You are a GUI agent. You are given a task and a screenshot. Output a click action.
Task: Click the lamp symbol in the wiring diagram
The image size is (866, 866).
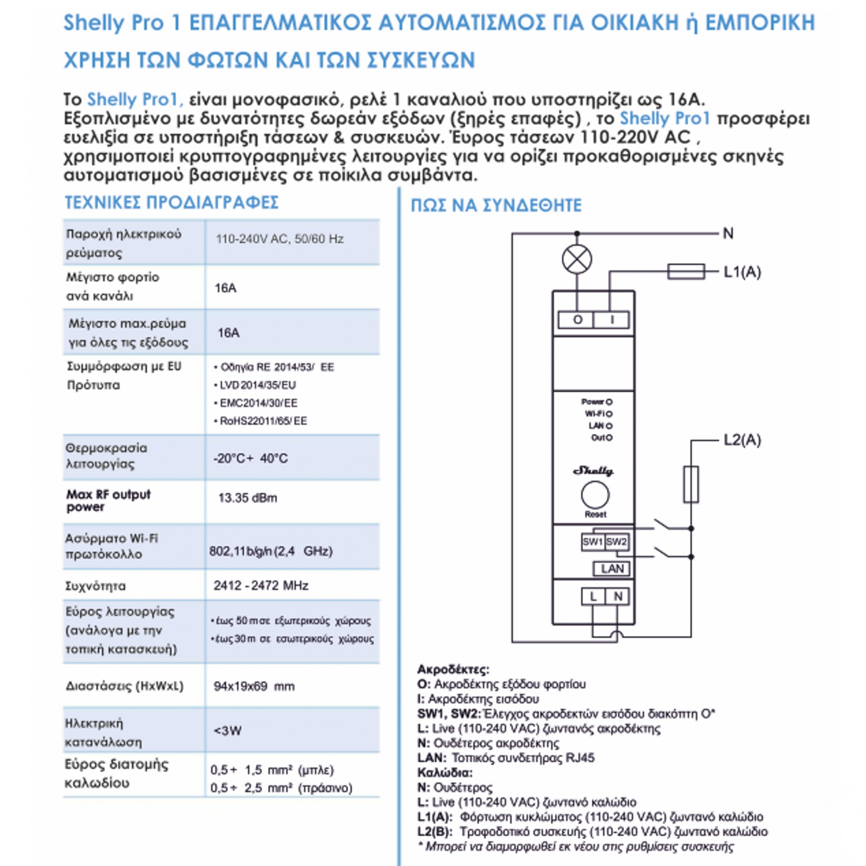577,259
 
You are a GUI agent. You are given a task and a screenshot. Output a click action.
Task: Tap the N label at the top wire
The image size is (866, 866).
728,234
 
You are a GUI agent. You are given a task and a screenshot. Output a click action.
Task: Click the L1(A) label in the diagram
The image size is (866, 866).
742,272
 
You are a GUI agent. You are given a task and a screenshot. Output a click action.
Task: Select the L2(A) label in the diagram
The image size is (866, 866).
742,440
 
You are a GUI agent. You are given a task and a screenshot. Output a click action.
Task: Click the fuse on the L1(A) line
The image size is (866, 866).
686,272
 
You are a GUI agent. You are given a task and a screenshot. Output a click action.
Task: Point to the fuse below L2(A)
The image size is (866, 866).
691,484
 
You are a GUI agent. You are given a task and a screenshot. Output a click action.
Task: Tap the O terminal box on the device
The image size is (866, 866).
577,320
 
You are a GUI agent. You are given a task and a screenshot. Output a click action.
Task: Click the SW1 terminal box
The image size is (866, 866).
593,542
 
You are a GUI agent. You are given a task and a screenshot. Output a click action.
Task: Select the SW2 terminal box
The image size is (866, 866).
616,542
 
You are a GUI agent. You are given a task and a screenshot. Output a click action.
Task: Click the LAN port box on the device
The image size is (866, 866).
612,569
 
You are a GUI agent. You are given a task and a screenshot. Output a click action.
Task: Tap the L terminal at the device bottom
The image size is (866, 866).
593,597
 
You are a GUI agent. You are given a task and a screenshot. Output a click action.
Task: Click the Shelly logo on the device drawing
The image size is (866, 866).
594,471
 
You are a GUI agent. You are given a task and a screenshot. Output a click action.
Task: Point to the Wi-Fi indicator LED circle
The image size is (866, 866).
609,414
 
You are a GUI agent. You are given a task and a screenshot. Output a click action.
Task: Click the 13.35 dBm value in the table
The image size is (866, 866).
248,498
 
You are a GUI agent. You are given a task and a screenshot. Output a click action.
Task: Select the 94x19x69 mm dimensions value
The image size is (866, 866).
254,686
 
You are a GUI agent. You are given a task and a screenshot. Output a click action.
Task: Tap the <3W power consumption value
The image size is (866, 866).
228,730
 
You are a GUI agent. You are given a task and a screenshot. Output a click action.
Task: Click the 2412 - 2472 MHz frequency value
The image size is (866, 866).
261,585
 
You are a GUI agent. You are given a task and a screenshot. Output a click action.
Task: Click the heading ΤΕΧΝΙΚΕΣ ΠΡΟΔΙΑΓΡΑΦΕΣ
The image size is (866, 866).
172,203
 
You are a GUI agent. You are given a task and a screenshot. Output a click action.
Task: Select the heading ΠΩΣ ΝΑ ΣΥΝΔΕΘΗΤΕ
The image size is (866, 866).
496,206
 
